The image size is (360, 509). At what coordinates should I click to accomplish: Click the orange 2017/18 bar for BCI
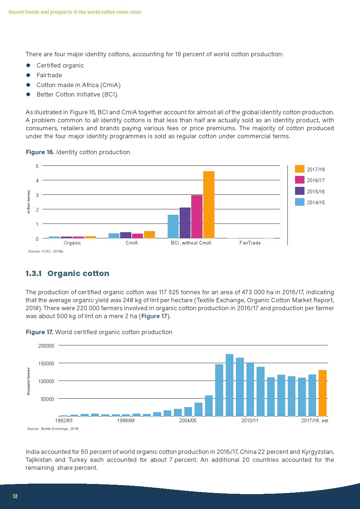pyautogui.click(x=209, y=205)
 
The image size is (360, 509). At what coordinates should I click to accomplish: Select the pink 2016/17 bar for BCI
pyautogui.click(x=197, y=217)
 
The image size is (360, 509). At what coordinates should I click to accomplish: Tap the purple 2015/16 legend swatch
pyautogui.click(x=299, y=191)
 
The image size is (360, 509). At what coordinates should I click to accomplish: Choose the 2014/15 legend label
pyautogui.click(x=315, y=202)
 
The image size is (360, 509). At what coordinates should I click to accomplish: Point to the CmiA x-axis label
pyautogui.click(x=132, y=243)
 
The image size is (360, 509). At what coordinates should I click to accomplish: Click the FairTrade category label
pyautogui.click(x=250, y=243)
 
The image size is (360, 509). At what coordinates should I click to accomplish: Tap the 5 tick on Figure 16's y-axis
pyautogui.click(x=37, y=166)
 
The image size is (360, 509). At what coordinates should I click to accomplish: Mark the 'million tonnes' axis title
pyautogui.click(x=29, y=202)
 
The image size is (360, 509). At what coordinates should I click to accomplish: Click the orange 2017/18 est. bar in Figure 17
pyautogui.click(x=322, y=393)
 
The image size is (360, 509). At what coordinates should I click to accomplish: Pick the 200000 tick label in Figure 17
pyautogui.click(x=46, y=346)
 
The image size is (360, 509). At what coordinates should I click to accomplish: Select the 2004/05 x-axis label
pyautogui.click(x=188, y=420)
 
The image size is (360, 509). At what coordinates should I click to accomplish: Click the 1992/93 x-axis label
pyautogui.click(x=64, y=420)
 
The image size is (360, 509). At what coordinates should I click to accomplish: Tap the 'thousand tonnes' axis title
pyautogui.click(x=29, y=381)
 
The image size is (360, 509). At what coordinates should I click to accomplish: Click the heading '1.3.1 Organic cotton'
pyautogui.click(x=67, y=274)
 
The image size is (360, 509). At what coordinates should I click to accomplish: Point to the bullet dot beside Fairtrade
pyautogui.click(x=28, y=75)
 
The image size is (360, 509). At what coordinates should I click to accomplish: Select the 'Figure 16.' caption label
pyautogui.click(x=40, y=152)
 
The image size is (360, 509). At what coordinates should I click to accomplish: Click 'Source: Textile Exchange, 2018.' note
pyautogui.click(x=53, y=428)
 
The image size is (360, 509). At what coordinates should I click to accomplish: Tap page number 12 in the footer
pyautogui.click(x=15, y=496)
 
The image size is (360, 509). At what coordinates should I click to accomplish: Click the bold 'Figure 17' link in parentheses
pyautogui.click(x=154, y=316)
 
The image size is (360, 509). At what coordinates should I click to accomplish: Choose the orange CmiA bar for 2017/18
pyautogui.click(x=150, y=234)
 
